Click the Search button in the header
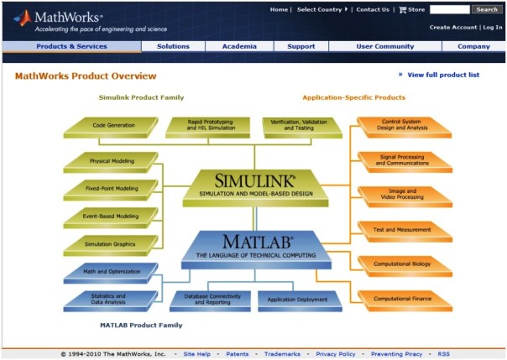coord(487,9)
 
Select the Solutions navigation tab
coord(173,46)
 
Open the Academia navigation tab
coord(239,46)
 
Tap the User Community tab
coord(384,46)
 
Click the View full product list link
coord(442,75)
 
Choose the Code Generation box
coord(112,125)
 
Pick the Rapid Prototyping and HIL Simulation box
coord(212,125)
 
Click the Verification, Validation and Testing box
coord(300,125)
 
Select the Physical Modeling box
coord(111,160)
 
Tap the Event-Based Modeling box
coord(111,216)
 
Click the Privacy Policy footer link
coord(336,354)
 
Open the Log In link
coord(493,27)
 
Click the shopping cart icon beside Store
coord(402,10)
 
